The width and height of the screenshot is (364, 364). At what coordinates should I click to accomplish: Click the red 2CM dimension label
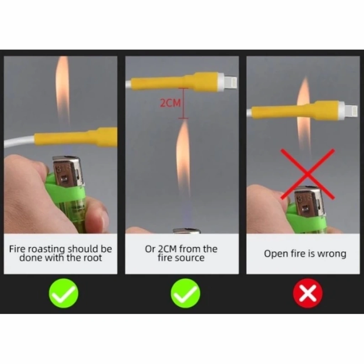click(170, 103)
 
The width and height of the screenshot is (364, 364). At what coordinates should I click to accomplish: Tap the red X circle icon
click(307, 293)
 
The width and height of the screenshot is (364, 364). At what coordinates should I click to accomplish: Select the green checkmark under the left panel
click(64, 293)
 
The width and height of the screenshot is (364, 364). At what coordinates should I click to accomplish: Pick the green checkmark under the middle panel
click(185, 293)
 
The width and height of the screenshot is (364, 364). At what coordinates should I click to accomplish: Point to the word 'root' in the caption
click(92, 258)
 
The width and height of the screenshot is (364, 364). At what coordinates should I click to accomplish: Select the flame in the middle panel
click(183, 158)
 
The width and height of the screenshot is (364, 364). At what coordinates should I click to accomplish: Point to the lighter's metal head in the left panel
click(68, 171)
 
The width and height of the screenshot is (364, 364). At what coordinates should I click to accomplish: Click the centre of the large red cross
click(307, 174)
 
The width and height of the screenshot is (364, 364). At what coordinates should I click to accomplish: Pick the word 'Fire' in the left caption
click(17, 249)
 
